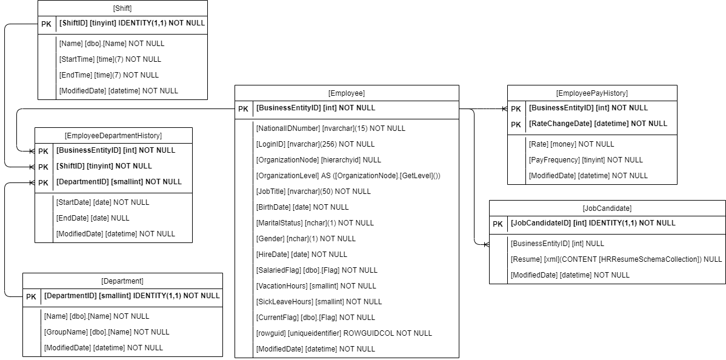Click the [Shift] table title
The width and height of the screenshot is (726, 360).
pos(122,8)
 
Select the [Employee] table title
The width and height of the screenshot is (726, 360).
pos(347,93)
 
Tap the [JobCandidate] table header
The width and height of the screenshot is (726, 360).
pos(607,208)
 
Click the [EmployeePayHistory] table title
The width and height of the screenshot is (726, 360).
pos(591,93)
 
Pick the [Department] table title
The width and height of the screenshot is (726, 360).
pos(122,281)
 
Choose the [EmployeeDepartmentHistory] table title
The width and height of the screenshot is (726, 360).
pos(113,135)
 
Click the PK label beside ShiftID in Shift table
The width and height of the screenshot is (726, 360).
pos(46,24)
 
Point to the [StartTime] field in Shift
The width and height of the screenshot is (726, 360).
pos(110,59)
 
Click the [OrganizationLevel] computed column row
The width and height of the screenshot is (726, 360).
pos(348,176)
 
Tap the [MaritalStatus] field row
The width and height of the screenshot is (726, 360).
pos(315,223)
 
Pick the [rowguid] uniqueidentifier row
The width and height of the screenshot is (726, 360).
pos(344,333)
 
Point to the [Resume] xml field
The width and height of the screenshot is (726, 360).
pos(616,259)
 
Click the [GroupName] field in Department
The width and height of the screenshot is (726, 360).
pos(107,332)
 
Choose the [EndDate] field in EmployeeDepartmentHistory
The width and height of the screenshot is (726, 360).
pos(92,218)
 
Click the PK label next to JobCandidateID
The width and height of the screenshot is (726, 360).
pos(498,223)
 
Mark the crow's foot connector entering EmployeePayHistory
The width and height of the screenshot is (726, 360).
pos(502,109)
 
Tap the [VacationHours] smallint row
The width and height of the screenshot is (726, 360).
pos(317,286)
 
